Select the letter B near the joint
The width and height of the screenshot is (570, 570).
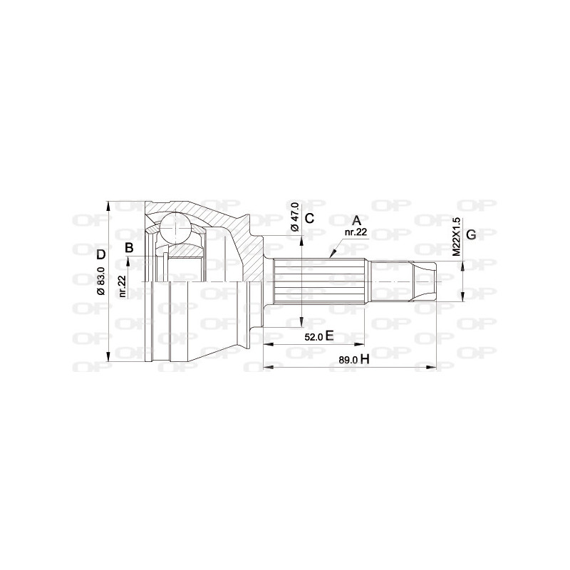click(x=129, y=248)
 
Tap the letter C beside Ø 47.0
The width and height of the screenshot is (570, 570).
click(x=309, y=218)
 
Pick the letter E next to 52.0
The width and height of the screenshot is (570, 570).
click(x=330, y=336)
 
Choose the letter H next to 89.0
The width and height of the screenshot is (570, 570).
click(x=364, y=360)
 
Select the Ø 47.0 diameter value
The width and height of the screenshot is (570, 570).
click(x=294, y=217)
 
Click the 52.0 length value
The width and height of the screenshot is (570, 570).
click(x=313, y=337)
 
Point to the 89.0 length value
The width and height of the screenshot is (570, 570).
click(x=348, y=361)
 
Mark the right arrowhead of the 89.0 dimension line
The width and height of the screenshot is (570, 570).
click(x=432, y=368)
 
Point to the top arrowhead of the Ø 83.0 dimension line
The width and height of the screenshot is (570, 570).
click(x=108, y=204)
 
